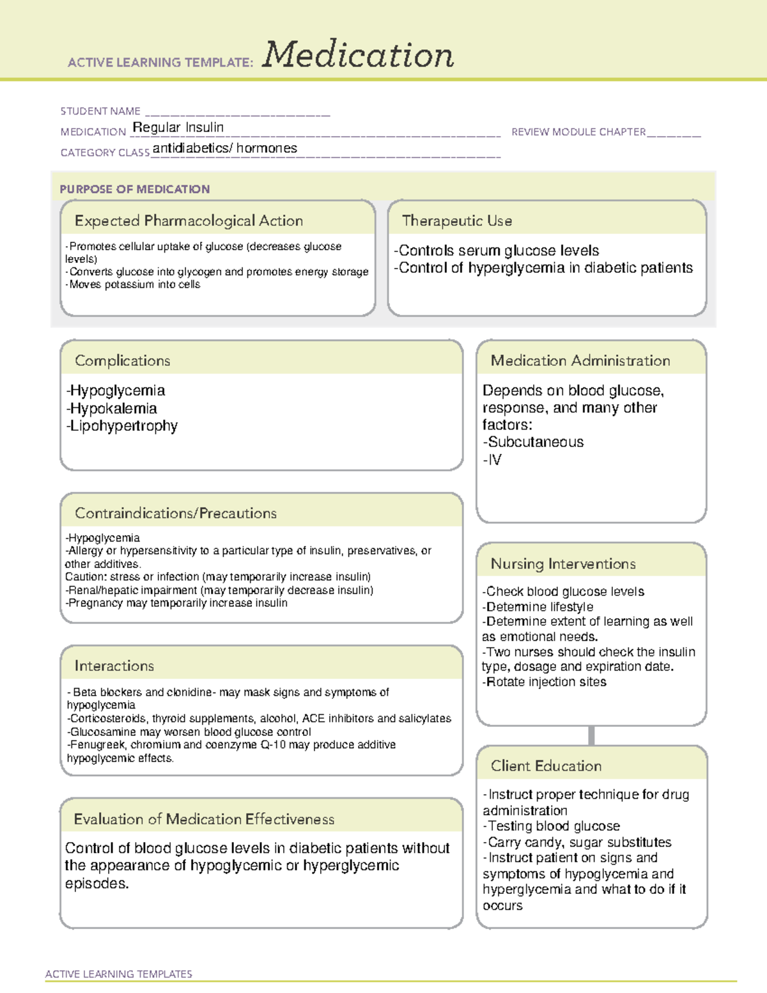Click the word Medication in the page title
coord(358,55)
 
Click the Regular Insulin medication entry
coord(178,127)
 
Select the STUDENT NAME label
coord(100,111)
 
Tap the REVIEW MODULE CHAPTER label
coord(578,132)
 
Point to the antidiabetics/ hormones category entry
coord(225,148)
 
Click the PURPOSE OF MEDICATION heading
coord(134,189)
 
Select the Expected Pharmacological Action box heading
coord(189,221)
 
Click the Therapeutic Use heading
coord(456,221)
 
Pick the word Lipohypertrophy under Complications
coord(123,426)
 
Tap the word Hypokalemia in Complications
coord(113,408)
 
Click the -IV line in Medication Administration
coord(492,460)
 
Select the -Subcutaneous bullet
coord(533,442)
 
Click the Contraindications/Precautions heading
coord(176,513)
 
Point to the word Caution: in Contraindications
coord(86,577)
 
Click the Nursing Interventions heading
coord(562,563)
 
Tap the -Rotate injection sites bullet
coord(544,682)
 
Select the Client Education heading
coord(546,765)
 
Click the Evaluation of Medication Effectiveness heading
coord(204,819)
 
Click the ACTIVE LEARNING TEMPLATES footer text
coord(118,974)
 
